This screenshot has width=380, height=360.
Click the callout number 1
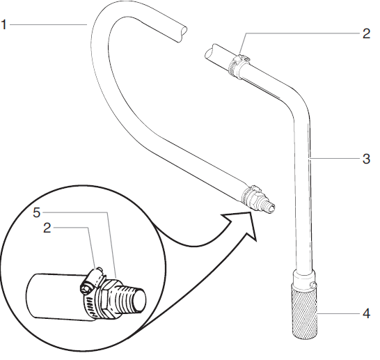[5, 25]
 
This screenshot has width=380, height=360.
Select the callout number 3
[365, 159]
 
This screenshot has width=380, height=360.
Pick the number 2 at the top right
[366, 33]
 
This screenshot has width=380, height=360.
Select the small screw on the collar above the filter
[315, 285]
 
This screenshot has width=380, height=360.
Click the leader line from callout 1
[49, 25]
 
